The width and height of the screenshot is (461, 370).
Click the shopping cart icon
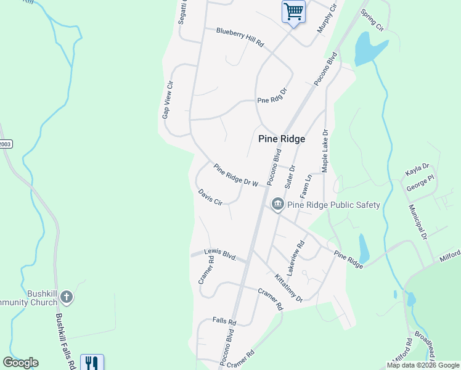coord(293,11)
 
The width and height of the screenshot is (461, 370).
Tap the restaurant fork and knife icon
coord(92,363)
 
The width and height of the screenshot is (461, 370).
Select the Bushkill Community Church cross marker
coord(67,298)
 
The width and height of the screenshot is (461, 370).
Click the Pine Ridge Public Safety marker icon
coord(277,204)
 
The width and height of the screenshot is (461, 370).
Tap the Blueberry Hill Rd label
coord(240,37)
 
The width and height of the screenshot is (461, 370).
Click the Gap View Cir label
coord(166,100)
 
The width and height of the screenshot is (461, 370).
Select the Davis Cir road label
coord(210,198)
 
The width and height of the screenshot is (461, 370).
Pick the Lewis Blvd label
coord(221,253)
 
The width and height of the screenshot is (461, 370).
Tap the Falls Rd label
coord(224,321)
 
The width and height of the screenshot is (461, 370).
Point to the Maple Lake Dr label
coord(324,150)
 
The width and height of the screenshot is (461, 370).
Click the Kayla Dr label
coord(417,168)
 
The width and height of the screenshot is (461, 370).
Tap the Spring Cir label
coord(372,20)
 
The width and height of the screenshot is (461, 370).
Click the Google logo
coord(20,363)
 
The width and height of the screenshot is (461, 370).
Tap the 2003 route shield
coord(6,144)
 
